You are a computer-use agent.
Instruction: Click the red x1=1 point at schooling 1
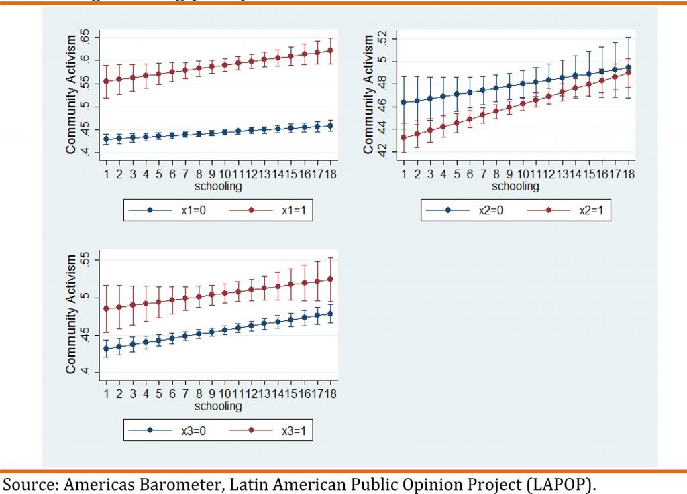[x=106, y=82]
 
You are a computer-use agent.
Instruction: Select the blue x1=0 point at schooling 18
[x=329, y=125]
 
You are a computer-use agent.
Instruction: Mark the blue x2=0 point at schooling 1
[x=404, y=102]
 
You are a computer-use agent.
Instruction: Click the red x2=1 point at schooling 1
[x=404, y=138]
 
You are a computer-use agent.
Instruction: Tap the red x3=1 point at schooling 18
[x=329, y=279]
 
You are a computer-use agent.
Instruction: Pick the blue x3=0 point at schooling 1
[x=106, y=349]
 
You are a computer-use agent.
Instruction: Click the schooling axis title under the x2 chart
[x=515, y=186]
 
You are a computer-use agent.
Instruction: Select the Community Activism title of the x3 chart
[x=70, y=313]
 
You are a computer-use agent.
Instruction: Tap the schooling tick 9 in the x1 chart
[x=211, y=174]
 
